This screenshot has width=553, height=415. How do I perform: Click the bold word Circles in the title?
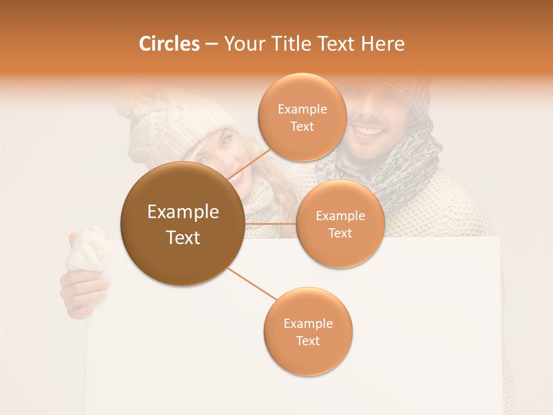169,44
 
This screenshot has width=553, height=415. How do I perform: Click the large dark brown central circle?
183,224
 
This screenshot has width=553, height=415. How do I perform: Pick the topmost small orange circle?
302,118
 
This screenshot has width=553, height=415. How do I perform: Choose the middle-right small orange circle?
340,224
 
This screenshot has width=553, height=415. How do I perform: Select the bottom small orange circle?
308,332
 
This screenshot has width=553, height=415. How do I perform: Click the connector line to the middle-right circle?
270,224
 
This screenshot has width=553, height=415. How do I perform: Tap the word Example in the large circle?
183,212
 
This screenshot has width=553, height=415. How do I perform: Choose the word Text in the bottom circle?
308,341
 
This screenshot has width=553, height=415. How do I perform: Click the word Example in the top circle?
302,109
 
